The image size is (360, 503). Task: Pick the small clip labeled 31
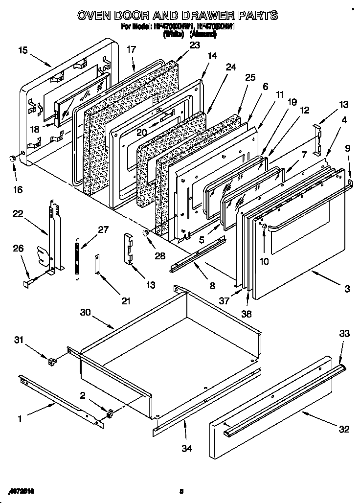[x=51, y=362]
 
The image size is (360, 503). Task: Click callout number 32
[x=344, y=429]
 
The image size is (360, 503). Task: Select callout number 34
[x=186, y=447]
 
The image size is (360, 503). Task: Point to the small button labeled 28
[x=145, y=234]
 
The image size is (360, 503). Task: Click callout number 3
[x=346, y=289]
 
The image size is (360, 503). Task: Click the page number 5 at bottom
[x=181, y=491]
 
